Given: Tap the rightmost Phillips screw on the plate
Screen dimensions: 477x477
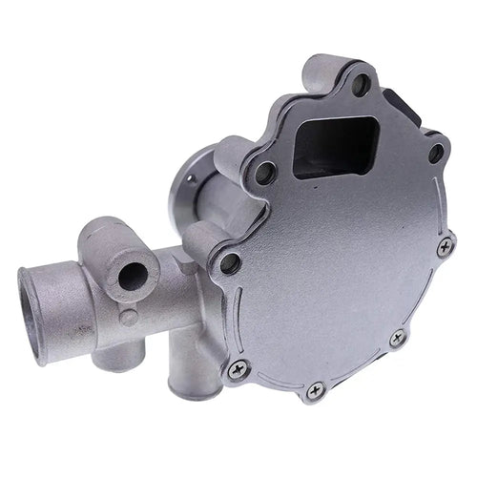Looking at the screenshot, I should point(445,246).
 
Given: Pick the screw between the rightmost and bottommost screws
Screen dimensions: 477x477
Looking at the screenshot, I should point(397,337).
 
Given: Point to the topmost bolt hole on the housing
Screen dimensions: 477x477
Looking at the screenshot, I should point(361,84).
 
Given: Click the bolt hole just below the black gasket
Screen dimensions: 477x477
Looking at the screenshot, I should point(435,151).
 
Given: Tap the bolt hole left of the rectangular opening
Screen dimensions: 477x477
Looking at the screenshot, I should point(266,173).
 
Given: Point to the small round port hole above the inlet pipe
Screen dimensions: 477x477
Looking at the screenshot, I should point(132,277).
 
